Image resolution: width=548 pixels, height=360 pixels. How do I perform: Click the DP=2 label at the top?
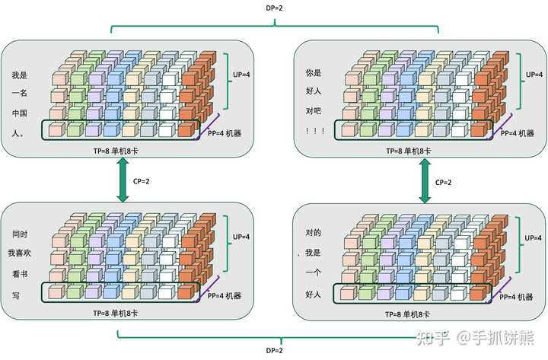pos(274,8)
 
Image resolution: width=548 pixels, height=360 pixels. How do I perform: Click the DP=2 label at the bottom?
pos(274,350)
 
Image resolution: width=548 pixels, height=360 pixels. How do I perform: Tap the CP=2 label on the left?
pos(142,181)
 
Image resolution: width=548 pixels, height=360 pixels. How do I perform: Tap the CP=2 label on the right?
pos(443,182)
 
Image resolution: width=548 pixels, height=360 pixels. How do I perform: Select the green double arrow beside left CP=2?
pos(123,180)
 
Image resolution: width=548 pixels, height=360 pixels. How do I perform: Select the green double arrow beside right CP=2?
pos(425,180)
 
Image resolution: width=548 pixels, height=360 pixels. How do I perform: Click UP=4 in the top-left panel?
pos(241,75)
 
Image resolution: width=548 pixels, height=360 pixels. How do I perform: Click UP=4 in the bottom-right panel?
pos(533,237)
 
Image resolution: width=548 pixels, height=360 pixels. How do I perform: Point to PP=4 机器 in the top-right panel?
pos(518,133)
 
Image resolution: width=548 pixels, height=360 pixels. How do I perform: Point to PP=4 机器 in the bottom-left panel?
pos(225,296)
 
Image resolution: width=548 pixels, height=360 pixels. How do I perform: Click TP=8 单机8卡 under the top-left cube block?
pos(116,151)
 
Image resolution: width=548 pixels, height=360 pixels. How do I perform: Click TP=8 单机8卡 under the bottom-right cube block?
pos(407,314)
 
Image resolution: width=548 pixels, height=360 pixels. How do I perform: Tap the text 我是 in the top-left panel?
pos(20,75)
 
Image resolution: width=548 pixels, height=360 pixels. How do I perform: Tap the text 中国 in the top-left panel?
pos(20,113)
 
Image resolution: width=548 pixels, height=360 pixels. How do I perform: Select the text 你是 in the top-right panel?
pos(313,73)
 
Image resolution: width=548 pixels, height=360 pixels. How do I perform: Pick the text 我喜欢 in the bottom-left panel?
pos(20,253)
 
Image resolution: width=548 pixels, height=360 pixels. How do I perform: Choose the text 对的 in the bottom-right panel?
pos(313,232)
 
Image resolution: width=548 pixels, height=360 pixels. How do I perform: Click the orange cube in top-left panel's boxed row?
pos(186,129)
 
